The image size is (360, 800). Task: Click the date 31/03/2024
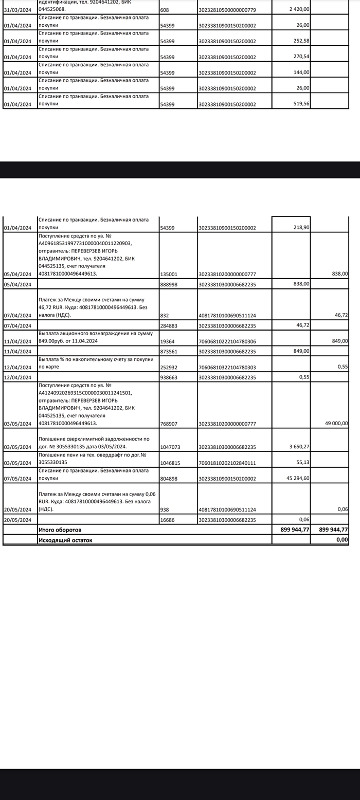[17, 9]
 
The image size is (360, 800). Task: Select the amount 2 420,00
[299, 9]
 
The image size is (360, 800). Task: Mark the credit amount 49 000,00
[336, 424]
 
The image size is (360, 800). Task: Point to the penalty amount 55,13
[302, 463]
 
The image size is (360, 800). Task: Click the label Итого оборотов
[60, 530]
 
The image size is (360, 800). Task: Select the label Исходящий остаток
[65, 540]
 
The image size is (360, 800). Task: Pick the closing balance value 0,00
[341, 540]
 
